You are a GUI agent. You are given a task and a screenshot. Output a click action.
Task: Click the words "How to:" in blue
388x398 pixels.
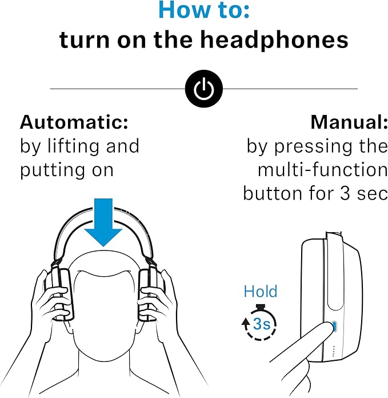tap(203, 10)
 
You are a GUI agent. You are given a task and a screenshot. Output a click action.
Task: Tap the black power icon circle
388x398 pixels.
tap(204, 89)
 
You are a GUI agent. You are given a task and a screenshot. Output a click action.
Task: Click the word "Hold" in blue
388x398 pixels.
tap(260, 291)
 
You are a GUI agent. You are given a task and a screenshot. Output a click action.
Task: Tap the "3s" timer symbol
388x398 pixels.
tap(261, 324)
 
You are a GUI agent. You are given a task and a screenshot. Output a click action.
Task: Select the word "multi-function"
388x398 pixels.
tap(322, 170)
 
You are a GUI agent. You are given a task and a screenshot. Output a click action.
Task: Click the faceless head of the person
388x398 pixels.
tap(103, 303)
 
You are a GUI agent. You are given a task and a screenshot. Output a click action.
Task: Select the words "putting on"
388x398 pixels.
tap(67, 170)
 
